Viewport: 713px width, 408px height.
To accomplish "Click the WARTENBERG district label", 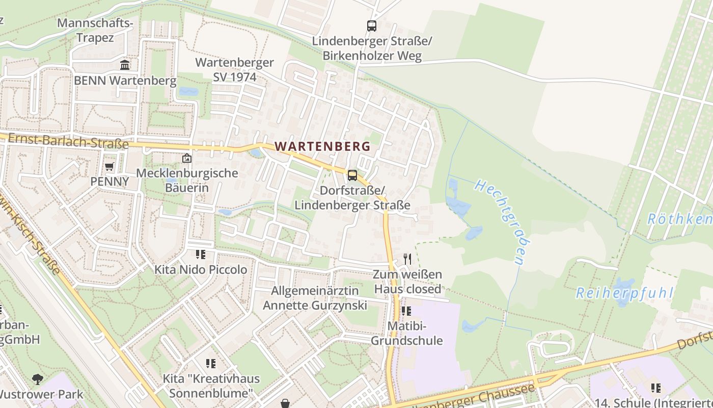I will click(322, 146).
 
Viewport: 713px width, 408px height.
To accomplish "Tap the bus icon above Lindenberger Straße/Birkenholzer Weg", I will click(372, 25).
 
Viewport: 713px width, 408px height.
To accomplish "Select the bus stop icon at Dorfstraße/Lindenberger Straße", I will click(352, 175).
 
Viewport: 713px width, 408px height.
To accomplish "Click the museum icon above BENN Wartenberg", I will click(125, 65).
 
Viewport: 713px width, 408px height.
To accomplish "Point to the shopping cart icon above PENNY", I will click(109, 166).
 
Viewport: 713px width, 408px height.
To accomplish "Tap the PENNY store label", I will click(109, 182).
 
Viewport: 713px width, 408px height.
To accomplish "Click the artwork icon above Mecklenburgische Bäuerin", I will click(187, 158).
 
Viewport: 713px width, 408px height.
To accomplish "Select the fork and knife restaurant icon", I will click(407, 259).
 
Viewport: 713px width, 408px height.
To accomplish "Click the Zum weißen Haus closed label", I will click(407, 282).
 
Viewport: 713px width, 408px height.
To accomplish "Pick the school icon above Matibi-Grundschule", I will click(406, 311).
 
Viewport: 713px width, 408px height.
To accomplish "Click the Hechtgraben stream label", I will click(499, 221).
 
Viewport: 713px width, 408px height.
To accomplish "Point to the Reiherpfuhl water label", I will click(624, 293).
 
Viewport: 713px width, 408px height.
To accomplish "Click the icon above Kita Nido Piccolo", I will click(201, 254).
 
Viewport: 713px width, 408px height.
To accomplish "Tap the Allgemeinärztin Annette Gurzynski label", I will click(315, 298).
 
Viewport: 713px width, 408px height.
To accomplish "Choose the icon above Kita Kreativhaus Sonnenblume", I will click(211, 364).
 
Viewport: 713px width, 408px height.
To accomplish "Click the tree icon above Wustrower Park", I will click(37, 379).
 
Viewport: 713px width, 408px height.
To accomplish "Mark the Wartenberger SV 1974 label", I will click(234, 70).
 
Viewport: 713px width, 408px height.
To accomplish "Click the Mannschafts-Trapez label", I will click(95, 30).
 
